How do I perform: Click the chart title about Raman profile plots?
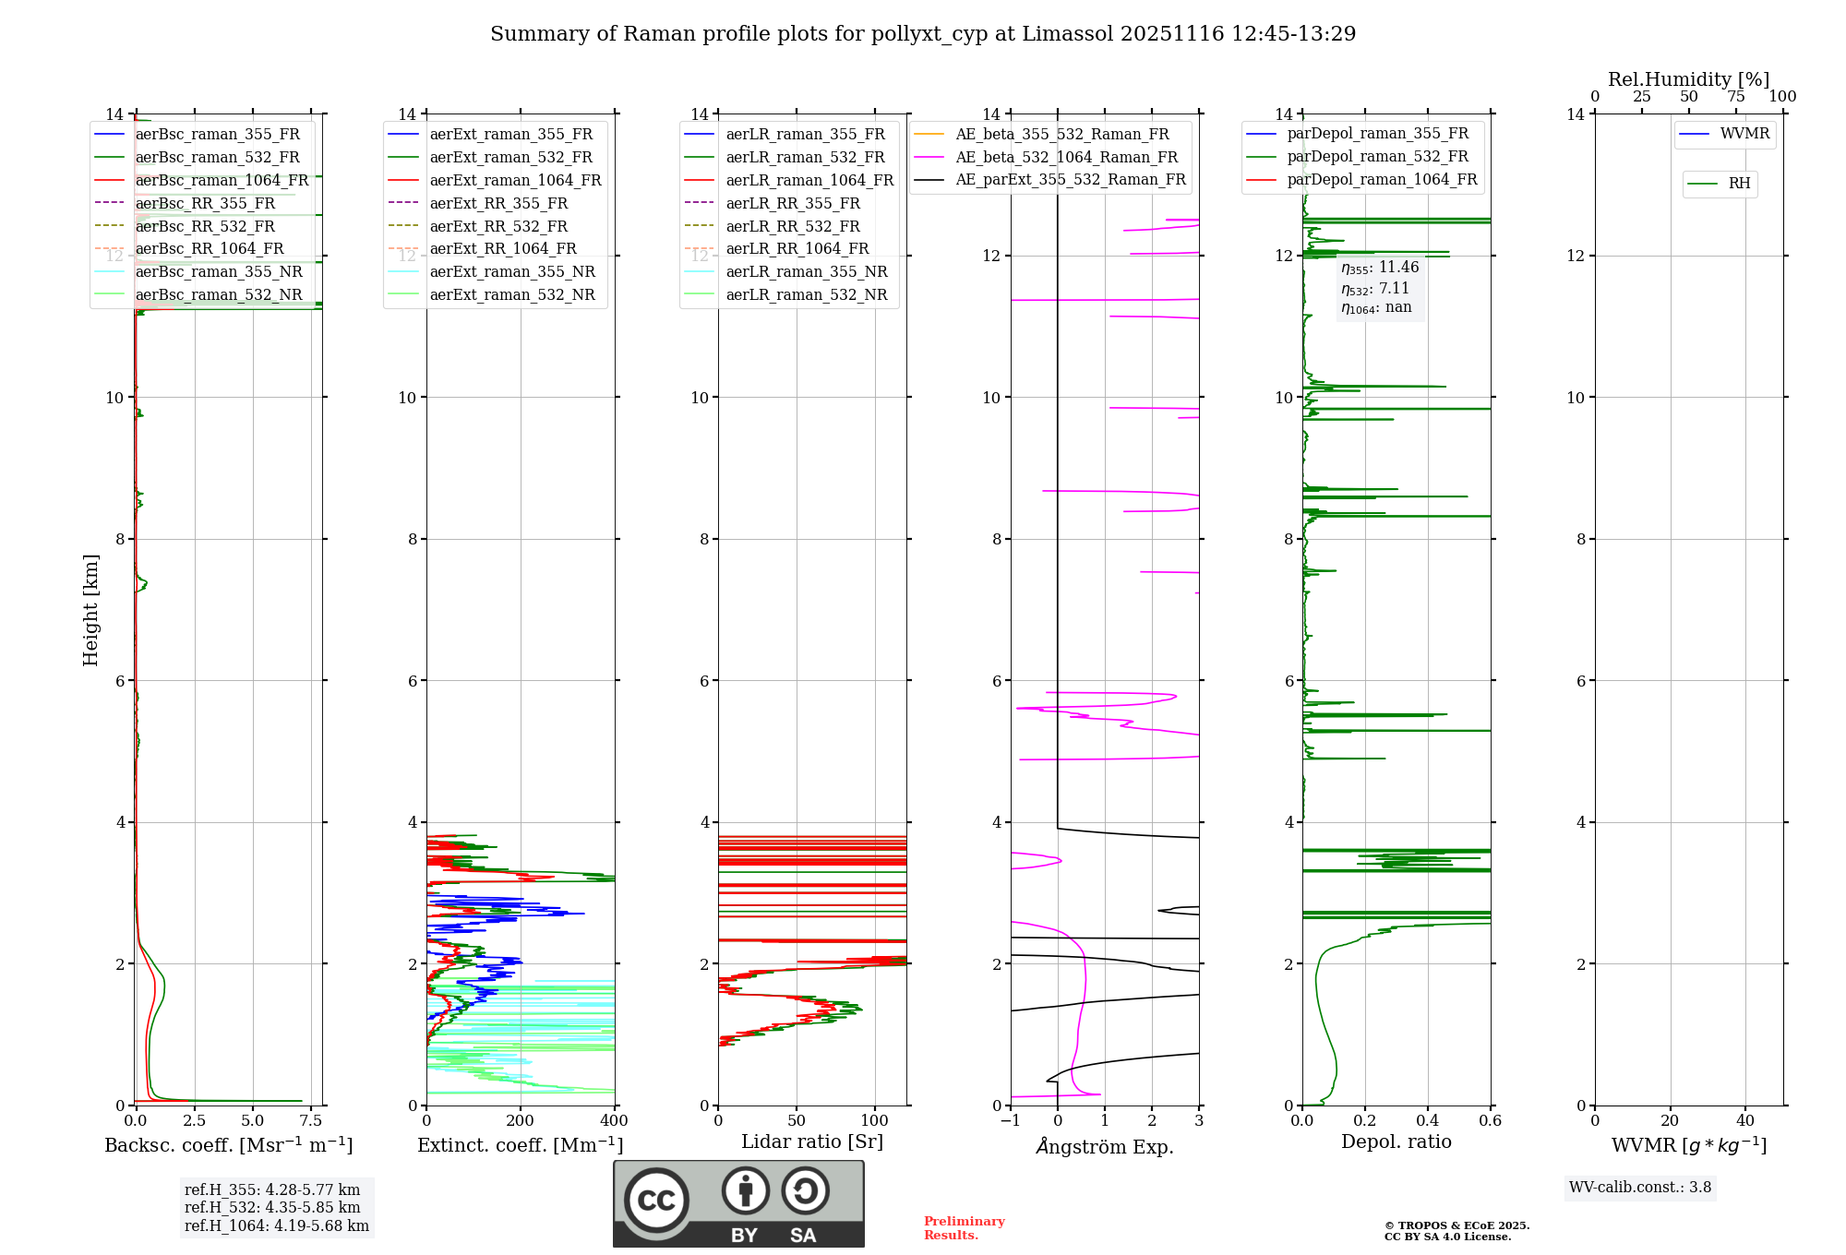(923, 34)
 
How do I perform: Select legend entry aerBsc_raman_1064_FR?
(222, 180)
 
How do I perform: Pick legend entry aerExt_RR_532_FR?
(498, 226)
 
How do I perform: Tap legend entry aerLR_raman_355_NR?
(806, 271)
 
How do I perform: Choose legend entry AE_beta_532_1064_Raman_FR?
(1066, 157)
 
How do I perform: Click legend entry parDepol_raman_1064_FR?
(1382, 179)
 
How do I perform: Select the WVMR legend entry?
(1744, 134)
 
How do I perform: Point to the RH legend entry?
(1739, 184)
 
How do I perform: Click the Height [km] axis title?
(90, 610)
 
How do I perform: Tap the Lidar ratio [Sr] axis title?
(812, 1141)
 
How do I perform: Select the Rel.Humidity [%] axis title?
(1688, 79)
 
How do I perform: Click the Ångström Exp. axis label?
(1105, 1146)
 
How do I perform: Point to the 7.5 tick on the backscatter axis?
(311, 1121)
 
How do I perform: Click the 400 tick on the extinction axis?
(615, 1121)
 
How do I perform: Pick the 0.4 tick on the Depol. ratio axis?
(1428, 1121)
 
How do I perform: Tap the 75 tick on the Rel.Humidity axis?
(1736, 97)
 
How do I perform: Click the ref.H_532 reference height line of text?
(272, 1207)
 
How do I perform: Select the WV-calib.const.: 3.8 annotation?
(1640, 1188)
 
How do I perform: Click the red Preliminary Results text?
(964, 1228)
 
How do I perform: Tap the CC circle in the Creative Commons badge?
(656, 1201)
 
